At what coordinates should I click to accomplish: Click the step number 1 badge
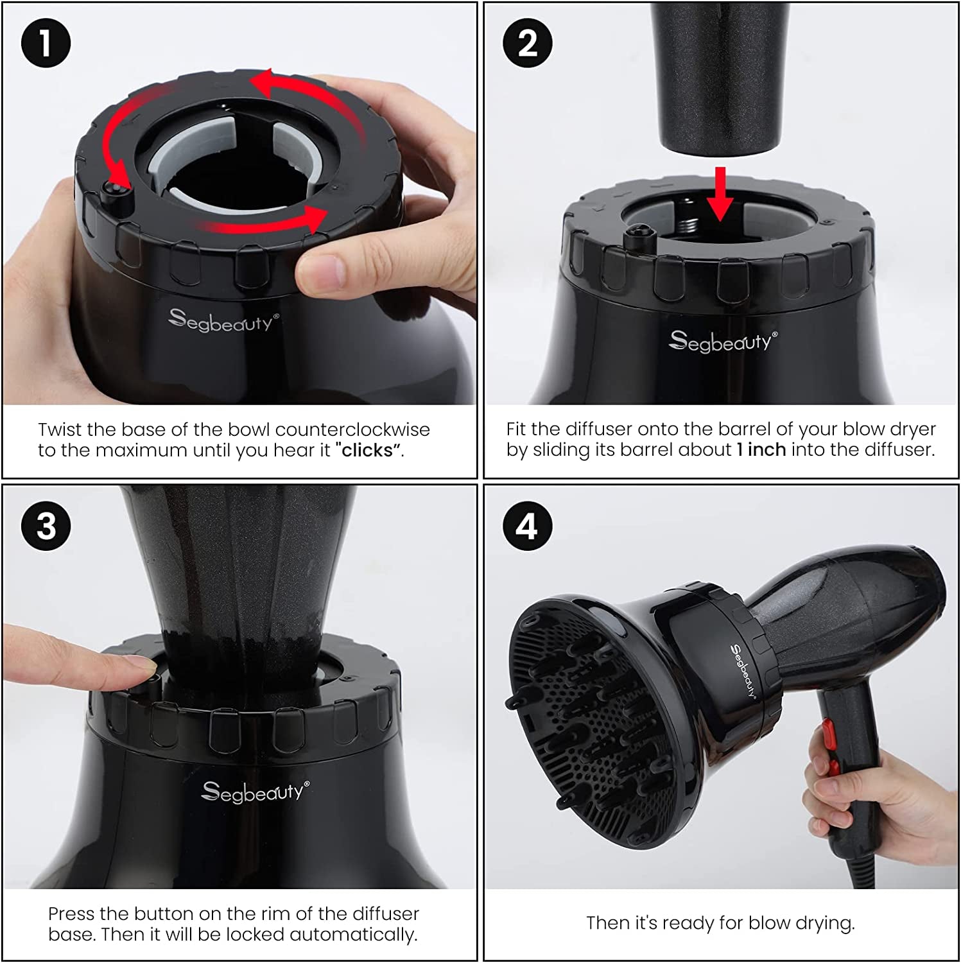click(46, 43)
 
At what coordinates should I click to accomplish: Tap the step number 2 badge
click(527, 43)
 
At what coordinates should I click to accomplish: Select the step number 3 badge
click(46, 526)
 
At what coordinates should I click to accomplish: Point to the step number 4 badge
click(527, 526)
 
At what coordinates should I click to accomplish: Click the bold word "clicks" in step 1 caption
click(367, 450)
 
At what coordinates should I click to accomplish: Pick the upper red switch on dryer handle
click(827, 731)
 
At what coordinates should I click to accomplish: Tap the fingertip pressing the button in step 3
click(138, 668)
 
